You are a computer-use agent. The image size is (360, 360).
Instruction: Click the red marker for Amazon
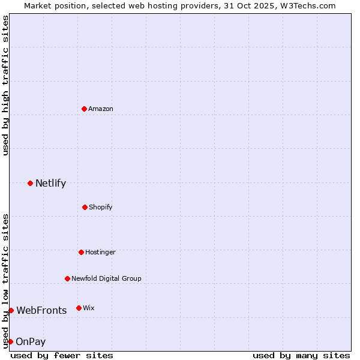pos(84,109)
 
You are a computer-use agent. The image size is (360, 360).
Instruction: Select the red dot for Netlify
pos(30,183)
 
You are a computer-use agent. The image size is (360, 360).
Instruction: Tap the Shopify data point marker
pos(85,207)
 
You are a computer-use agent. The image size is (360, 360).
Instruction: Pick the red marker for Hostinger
pos(81,252)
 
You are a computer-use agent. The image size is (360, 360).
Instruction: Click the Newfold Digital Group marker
pos(67,278)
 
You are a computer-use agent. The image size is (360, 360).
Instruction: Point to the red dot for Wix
pos(79,308)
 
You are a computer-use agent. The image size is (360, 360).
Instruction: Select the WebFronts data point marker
pos(11,310)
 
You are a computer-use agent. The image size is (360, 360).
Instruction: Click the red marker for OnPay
pos(10,341)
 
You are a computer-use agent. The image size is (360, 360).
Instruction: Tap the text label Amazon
pos(101,109)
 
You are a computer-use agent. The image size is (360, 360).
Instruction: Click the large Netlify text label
pos(50,183)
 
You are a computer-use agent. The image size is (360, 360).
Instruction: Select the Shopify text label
pos(100,207)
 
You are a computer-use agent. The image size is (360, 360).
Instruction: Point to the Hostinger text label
pos(100,252)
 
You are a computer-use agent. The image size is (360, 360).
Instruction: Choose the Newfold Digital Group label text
pos(106,278)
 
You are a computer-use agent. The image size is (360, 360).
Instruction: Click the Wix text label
pos(89,308)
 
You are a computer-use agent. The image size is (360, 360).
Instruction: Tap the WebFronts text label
pos(41,310)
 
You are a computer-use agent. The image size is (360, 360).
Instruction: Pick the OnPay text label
pos(31,341)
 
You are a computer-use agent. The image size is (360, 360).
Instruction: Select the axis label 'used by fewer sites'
pos(62,355)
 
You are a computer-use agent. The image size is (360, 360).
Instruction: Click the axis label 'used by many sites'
pos(301,355)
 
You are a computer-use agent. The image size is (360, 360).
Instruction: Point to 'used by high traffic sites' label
pos(5,85)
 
